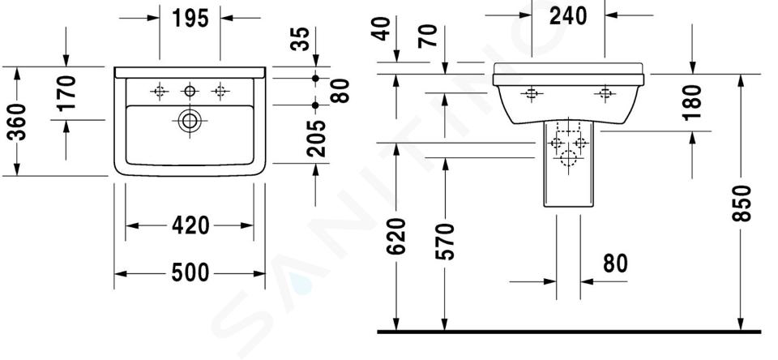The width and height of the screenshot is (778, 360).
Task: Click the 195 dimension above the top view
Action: click(190, 19)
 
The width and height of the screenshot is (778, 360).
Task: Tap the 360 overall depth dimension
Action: click(19, 122)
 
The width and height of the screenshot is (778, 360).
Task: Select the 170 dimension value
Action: click(66, 92)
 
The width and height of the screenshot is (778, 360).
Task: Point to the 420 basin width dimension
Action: click(190, 226)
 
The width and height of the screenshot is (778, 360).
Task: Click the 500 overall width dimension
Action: click(190, 273)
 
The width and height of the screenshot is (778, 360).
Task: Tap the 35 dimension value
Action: click(300, 39)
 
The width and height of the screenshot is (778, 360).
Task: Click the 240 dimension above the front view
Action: click(568, 16)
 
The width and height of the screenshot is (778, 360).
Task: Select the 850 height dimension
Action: click(742, 203)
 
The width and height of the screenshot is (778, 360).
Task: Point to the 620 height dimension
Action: click(396, 237)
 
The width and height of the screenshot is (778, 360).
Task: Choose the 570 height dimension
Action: click(445, 242)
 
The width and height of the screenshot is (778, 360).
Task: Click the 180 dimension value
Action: click(693, 103)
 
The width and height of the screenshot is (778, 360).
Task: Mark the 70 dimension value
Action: click(428, 36)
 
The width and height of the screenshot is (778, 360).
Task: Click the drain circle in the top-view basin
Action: click(190, 121)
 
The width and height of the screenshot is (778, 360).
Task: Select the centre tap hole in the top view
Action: click(190, 91)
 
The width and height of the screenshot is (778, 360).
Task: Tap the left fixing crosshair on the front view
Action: click(532, 93)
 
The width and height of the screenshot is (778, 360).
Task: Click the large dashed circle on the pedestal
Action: click(568, 159)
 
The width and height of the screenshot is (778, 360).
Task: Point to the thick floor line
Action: click(569, 332)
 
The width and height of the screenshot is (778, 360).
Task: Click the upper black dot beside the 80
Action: click(315, 79)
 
